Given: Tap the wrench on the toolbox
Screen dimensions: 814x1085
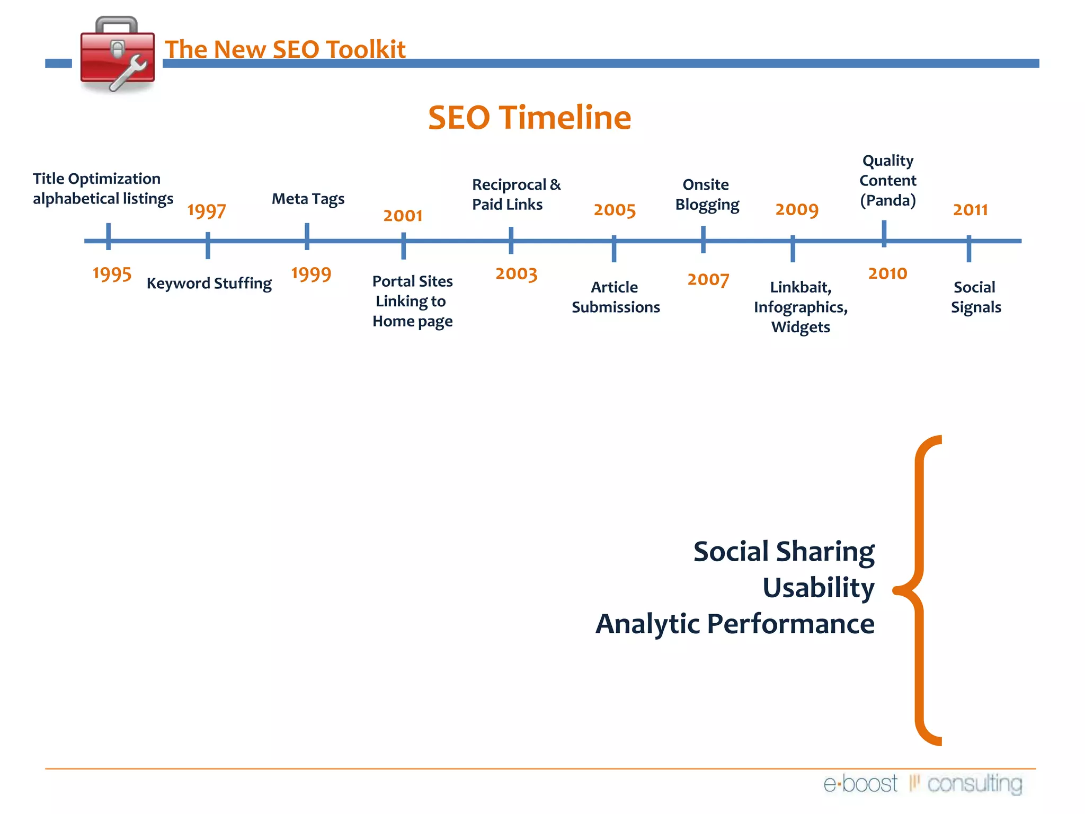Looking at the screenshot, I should coord(129,73).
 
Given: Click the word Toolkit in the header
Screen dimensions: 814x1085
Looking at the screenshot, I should coord(366,49).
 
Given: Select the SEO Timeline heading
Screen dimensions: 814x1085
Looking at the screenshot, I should coord(529,117).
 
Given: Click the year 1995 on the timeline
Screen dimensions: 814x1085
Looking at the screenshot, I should coord(112,274).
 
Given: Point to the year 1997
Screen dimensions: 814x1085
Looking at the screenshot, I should coord(207,211).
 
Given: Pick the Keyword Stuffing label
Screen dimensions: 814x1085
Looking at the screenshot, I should coord(209,284).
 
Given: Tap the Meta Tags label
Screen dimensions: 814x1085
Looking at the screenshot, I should coord(308,199).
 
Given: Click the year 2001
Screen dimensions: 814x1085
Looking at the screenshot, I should coord(403,215).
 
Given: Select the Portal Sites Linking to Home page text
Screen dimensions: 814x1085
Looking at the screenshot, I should coord(412,301).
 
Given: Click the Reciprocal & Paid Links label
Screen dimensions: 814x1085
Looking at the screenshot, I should coord(515,194).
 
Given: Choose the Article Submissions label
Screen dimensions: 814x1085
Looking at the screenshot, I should coord(615,297).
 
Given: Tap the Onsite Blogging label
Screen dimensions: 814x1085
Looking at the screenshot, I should coord(707,194).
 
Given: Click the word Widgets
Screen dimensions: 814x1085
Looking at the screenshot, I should coord(801,327).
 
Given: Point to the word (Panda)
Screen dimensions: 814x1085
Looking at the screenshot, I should coord(887,200).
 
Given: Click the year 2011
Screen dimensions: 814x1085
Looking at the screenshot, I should coord(970,210).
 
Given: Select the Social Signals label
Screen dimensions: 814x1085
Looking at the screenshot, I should coord(975,297).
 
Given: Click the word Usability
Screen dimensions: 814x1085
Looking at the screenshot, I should coord(818,588).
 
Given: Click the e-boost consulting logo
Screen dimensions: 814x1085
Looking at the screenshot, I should coord(922,783).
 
